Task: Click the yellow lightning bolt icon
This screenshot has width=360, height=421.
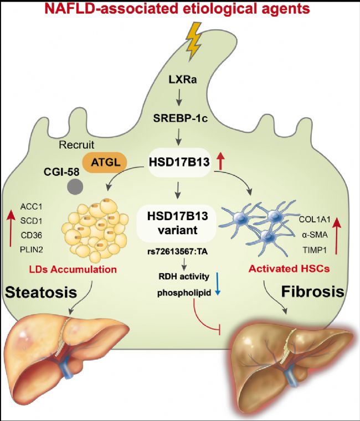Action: (x=194, y=41)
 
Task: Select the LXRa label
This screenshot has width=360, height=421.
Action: (x=183, y=80)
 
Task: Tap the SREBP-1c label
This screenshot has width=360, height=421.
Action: (x=181, y=118)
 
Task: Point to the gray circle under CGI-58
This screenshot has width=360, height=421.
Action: (x=75, y=186)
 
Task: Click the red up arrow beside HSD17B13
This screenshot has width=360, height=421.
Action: (x=220, y=161)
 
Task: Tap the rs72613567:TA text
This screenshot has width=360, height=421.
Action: (x=177, y=252)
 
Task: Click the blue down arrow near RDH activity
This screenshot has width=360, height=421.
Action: (x=218, y=284)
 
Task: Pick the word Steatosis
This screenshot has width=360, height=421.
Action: (x=41, y=292)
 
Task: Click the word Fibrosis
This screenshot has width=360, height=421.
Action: (x=313, y=292)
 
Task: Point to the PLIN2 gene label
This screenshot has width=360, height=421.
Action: (x=32, y=250)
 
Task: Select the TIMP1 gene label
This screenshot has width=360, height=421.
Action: (x=315, y=250)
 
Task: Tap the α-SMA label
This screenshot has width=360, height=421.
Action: (x=315, y=235)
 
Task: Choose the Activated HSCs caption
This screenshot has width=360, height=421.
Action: (x=289, y=269)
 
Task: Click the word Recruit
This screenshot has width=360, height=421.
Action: (x=76, y=145)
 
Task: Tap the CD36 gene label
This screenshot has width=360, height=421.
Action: (x=32, y=235)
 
